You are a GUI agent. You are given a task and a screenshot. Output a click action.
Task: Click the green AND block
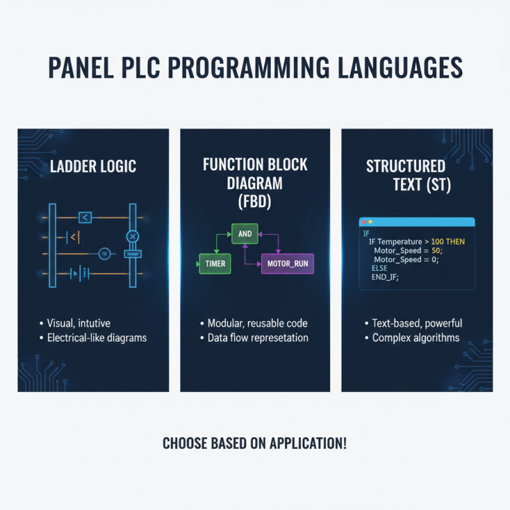(x=245, y=234)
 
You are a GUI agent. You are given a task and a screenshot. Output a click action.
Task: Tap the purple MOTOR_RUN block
(x=288, y=263)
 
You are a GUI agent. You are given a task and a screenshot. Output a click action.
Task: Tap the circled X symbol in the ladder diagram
(x=133, y=237)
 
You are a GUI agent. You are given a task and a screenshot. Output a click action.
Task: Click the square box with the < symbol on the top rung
(x=85, y=218)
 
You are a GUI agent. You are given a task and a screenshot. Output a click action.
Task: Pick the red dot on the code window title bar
(x=363, y=222)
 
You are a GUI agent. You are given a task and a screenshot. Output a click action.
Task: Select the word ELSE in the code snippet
(x=379, y=268)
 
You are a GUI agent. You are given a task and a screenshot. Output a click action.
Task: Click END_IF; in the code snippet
(x=385, y=277)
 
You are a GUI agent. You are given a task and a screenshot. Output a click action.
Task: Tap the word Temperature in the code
(x=399, y=242)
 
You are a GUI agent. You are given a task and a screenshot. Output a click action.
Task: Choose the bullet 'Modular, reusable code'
(x=258, y=323)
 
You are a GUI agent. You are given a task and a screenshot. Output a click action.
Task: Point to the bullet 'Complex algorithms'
(x=416, y=337)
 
